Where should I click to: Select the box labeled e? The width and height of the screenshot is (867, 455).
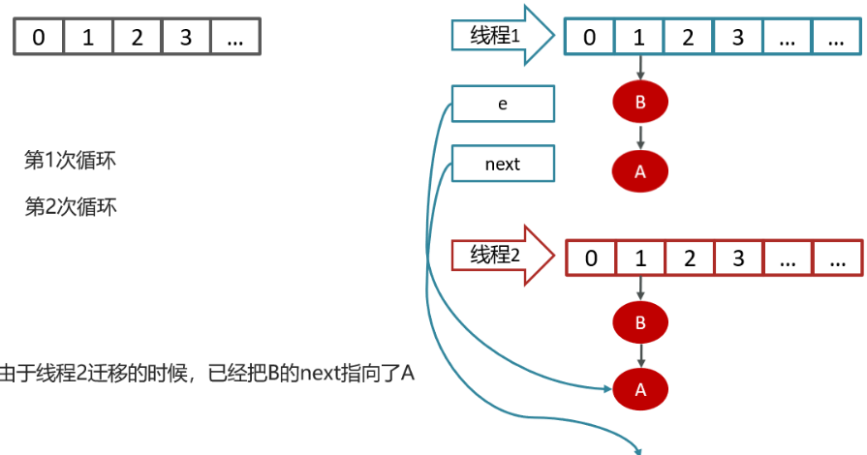pyautogui.click(x=504, y=105)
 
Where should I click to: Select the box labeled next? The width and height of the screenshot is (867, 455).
pyautogui.click(x=504, y=164)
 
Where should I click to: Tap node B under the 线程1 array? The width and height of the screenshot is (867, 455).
pyautogui.click(x=640, y=104)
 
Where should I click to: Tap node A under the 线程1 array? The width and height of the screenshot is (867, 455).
pyautogui.click(x=640, y=170)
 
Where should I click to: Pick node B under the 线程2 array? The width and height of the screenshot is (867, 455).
pyautogui.click(x=640, y=322)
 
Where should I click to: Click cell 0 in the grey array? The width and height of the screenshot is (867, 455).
pyautogui.click(x=38, y=38)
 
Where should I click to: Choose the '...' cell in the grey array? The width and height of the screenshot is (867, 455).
pyautogui.click(x=235, y=38)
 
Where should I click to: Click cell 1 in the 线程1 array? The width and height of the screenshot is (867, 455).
pyautogui.click(x=639, y=38)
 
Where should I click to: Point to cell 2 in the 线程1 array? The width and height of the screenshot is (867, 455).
pyautogui.click(x=689, y=38)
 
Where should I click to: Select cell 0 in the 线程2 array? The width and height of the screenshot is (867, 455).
pyautogui.click(x=591, y=258)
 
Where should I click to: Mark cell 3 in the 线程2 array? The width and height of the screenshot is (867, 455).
pyautogui.click(x=738, y=258)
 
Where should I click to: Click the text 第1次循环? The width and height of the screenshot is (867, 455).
pyautogui.click(x=70, y=161)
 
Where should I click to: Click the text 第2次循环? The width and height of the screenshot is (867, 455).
pyautogui.click(x=70, y=206)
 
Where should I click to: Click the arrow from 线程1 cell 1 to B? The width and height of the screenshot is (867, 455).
pyautogui.click(x=640, y=69)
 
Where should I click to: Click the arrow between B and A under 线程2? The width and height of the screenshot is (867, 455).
pyautogui.click(x=640, y=356)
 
